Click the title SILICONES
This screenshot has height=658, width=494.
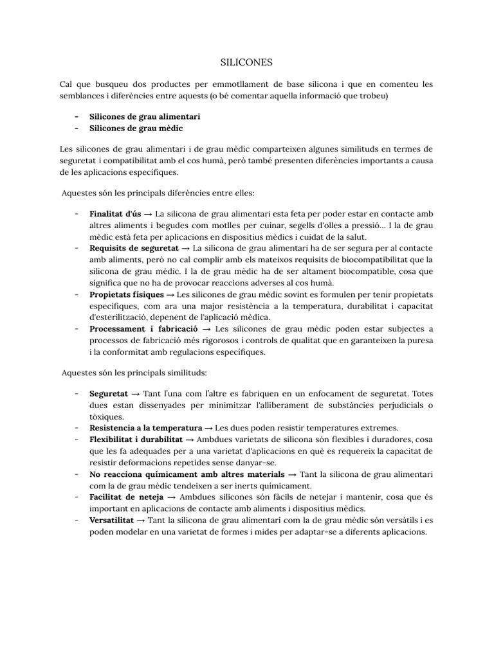pyautogui.click(x=247, y=62)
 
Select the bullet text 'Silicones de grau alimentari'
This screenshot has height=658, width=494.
pyautogui.click(x=145, y=116)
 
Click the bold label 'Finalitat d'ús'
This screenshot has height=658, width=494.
pyautogui.click(x=114, y=213)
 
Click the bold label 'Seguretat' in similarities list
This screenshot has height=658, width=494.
pyautogui.click(x=109, y=393)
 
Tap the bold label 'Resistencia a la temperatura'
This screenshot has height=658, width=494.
pyautogui.click(x=145, y=427)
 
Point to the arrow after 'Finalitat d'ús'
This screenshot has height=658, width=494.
pyautogui.click(x=148, y=213)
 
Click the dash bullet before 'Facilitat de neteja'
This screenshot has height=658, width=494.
pyautogui.click(x=77, y=497)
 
